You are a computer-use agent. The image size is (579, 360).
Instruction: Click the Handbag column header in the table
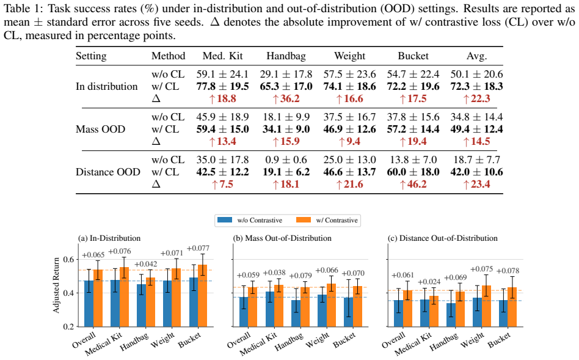point(286,56)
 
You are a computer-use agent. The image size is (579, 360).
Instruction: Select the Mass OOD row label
point(100,130)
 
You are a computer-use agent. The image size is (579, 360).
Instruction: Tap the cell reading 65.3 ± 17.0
point(286,87)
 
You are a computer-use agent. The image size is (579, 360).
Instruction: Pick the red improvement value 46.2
point(413,185)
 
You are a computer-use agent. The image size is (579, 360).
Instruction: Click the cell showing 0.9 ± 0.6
point(286,160)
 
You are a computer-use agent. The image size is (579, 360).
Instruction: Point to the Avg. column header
point(477,56)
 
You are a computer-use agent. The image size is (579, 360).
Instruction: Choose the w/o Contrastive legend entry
point(250,220)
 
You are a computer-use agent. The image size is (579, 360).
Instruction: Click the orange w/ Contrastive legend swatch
point(304,220)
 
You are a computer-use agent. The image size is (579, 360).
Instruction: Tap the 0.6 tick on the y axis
point(68,260)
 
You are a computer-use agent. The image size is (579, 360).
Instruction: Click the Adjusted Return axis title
point(56,285)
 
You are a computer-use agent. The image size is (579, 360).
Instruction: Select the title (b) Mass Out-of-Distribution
point(282,238)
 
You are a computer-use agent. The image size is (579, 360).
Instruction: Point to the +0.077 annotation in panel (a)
point(198,248)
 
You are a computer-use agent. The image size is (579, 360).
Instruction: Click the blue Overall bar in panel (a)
point(89,303)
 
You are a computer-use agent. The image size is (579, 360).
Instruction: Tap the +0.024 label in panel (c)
point(428,282)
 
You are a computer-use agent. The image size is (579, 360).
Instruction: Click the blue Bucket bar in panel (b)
point(348,312)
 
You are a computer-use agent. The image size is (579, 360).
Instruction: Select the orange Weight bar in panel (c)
point(486,306)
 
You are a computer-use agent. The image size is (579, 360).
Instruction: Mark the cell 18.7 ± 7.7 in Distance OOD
point(477,160)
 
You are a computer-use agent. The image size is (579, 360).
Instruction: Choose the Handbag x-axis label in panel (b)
point(289,341)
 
